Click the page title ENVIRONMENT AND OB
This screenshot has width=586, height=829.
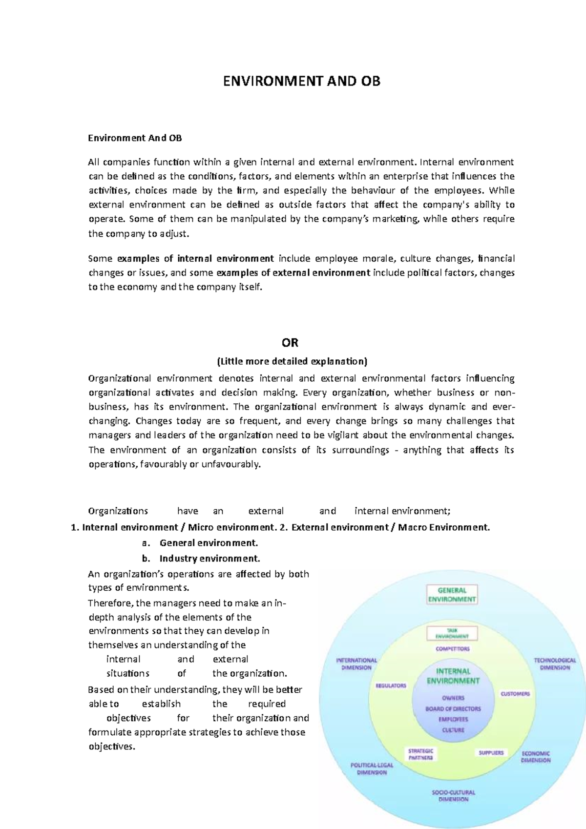pos(301,81)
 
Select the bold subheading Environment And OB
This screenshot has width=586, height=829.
pos(135,138)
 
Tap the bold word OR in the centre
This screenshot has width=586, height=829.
pos(290,343)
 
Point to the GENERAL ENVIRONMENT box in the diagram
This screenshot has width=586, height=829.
pos(452,595)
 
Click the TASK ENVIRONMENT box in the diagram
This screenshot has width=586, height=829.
pos(452,633)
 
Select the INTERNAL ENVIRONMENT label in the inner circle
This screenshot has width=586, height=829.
pos(453,676)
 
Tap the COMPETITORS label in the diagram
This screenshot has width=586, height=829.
pos(453,649)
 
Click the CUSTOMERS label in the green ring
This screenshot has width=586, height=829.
pos(515,694)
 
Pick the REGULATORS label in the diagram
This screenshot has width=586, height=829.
pos(391,685)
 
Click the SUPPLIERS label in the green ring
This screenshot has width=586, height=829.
pos(491,752)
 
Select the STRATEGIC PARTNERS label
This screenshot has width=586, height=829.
pos(421,754)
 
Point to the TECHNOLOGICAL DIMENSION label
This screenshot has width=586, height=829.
pos(555,663)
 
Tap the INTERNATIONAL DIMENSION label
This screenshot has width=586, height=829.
pos(356,663)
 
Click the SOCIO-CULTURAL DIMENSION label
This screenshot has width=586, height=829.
pos(453,796)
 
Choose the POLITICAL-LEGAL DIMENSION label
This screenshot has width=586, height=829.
pos(372,769)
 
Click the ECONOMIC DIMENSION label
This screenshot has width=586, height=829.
pos(535,757)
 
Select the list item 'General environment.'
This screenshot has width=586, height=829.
pos(209,543)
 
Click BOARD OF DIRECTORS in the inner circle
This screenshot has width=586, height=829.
pos(453,708)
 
